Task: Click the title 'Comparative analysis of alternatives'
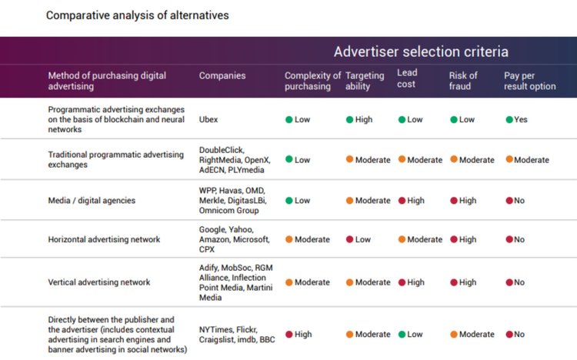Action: [137, 15]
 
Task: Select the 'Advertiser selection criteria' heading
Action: [421, 52]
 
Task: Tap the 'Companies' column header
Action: [222, 76]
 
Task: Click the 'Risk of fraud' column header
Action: [464, 81]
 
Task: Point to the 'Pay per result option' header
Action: [530, 81]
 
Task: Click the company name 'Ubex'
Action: [209, 120]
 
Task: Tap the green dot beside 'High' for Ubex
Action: [349, 120]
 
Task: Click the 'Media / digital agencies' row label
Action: [92, 201]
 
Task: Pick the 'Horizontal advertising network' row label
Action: [104, 240]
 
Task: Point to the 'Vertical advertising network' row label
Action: [98, 282]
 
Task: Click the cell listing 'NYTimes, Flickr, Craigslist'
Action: [235, 335]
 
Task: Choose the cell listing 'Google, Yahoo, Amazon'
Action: [234, 240]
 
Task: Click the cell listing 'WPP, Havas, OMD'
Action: [234, 201]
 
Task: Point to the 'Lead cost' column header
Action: [407, 78]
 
